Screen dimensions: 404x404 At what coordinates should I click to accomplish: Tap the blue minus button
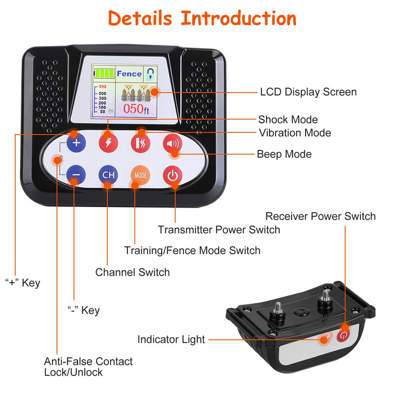[x=76, y=175]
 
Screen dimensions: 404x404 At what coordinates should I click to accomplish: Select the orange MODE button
[x=140, y=175]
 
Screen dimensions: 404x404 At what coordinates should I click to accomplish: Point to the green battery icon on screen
[x=104, y=74]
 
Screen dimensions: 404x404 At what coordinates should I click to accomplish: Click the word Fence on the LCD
[x=129, y=74]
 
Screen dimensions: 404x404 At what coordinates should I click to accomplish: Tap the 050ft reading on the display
[x=137, y=109]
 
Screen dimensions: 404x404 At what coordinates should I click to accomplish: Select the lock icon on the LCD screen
[x=150, y=73]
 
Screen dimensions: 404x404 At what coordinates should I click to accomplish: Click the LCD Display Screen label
[x=308, y=92]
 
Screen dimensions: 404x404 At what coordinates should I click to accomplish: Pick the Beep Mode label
[x=284, y=154]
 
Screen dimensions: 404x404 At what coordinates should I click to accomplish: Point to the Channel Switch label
[x=132, y=272]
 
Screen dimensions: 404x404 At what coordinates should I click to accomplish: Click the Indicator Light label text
[x=171, y=339]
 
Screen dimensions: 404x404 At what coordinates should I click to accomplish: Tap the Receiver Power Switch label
[x=320, y=216]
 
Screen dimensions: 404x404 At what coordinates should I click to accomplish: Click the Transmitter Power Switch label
[x=219, y=229]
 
